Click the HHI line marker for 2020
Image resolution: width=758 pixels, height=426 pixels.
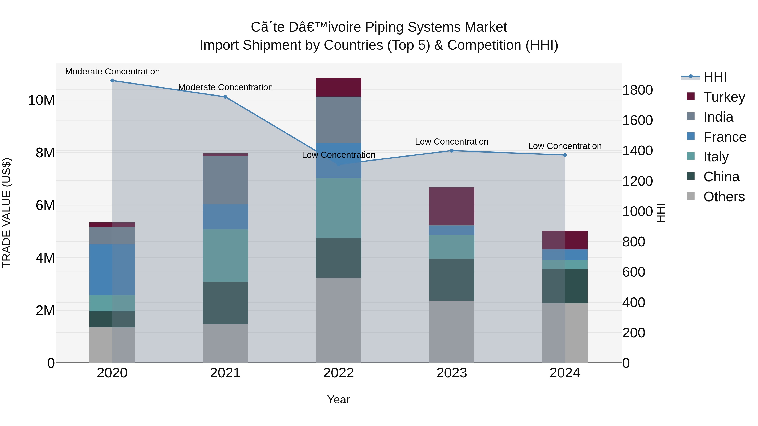click(112, 81)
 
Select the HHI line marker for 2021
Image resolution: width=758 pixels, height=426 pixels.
click(225, 97)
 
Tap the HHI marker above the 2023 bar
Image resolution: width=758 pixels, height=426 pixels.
click(452, 151)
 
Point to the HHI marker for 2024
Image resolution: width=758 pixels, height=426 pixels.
click(565, 155)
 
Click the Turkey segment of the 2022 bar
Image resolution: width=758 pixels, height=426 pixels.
click(338, 87)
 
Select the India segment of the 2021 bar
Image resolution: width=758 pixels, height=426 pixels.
click(225, 180)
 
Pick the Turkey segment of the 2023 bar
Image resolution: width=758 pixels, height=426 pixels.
click(452, 206)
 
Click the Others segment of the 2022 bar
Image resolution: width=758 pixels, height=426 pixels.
click(338, 320)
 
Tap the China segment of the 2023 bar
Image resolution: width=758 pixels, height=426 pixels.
click(452, 280)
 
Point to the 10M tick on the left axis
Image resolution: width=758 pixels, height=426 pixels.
click(41, 100)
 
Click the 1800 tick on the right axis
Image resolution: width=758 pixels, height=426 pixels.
click(637, 90)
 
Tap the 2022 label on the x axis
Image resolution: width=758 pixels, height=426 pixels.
click(338, 373)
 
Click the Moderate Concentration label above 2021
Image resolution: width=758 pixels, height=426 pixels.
click(225, 87)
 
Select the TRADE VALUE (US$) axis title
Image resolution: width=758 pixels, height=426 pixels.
click(7, 213)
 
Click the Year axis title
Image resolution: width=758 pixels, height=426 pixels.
click(338, 399)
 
